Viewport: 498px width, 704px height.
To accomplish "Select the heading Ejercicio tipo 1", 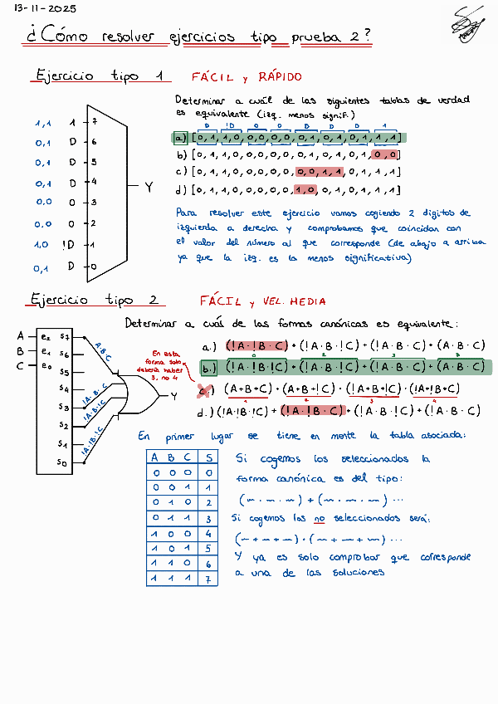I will [98, 76].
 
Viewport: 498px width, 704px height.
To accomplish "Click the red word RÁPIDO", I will [281, 77].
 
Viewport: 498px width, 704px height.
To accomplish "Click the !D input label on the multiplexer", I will [68, 245].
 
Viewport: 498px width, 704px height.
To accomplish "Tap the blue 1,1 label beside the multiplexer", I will [43, 123].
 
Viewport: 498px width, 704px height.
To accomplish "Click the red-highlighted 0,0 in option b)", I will [387, 154].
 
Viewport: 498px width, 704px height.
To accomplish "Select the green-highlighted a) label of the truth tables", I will [181, 138].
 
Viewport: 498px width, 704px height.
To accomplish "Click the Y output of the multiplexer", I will [149, 188].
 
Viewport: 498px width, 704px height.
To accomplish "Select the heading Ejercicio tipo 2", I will [95, 299].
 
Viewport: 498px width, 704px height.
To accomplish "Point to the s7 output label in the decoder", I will [64, 337].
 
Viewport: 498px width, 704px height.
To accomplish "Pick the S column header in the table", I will [210, 457].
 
